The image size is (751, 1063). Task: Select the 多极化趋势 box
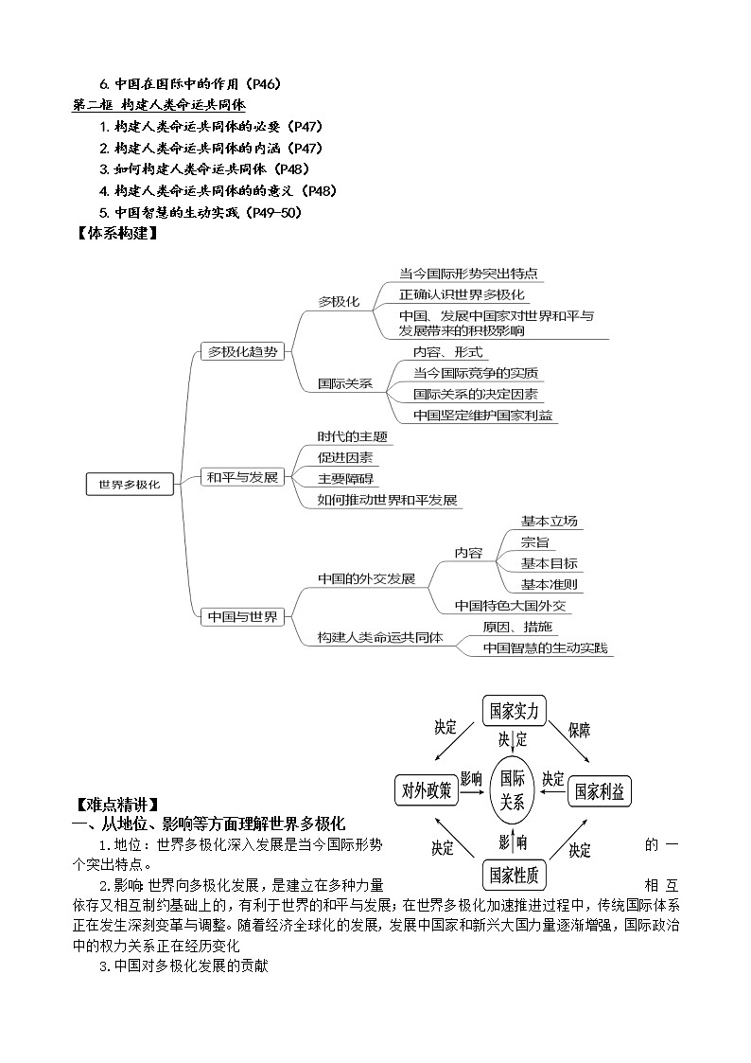point(243,351)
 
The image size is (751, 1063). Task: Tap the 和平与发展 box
point(243,477)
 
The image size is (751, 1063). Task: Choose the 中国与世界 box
point(243,616)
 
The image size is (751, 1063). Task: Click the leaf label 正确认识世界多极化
point(462,294)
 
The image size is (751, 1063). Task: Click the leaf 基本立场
point(549,521)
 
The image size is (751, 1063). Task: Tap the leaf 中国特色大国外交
point(511,605)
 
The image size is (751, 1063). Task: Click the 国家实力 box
point(515,710)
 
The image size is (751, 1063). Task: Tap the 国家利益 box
point(600,791)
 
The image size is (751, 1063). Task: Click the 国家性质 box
point(514,874)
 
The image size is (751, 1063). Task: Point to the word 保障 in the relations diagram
point(580,729)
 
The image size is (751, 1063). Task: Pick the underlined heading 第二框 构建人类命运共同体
point(159,104)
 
